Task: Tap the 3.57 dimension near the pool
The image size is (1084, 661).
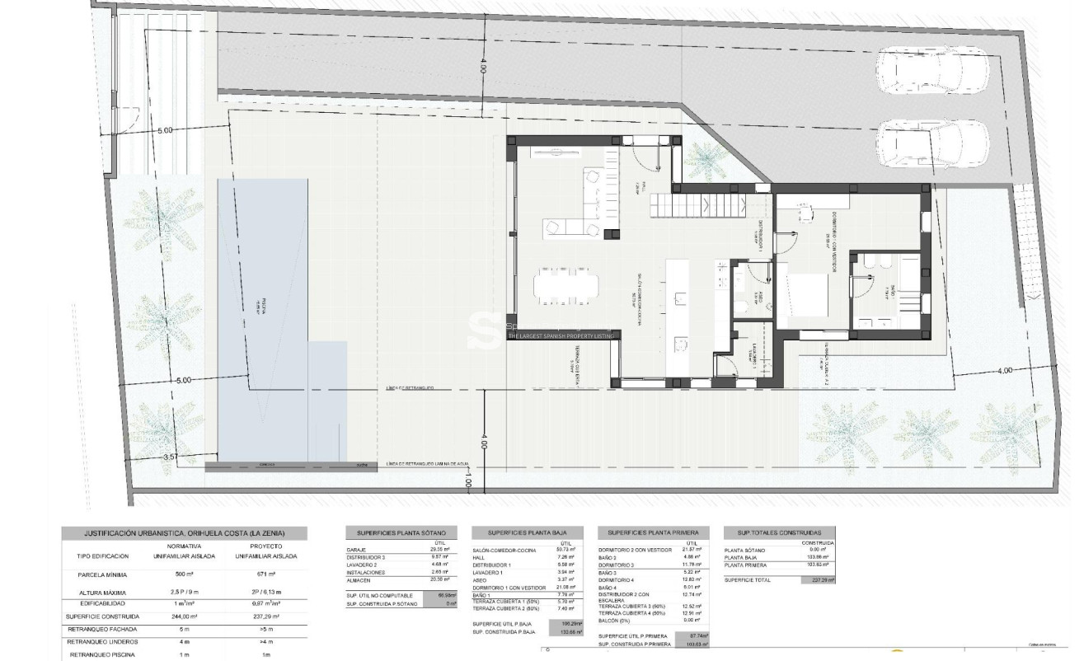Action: [x=171, y=456]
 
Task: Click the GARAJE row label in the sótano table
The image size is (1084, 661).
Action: [x=357, y=551]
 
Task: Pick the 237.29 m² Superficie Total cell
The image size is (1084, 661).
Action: [x=818, y=580]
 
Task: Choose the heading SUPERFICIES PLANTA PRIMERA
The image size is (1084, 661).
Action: [x=653, y=533]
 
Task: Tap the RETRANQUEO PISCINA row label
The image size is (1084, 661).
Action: [x=102, y=654]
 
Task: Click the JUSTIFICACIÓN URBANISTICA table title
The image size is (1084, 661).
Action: [x=184, y=533]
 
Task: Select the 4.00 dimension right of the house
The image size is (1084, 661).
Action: [x=1004, y=371]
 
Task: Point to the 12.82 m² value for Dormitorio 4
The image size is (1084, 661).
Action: [x=692, y=580]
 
